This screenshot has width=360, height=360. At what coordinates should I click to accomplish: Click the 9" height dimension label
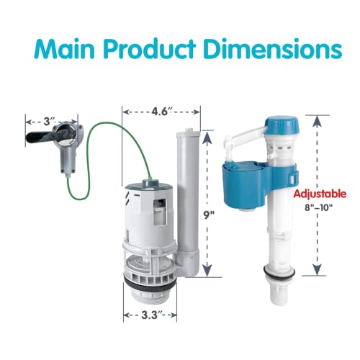208,215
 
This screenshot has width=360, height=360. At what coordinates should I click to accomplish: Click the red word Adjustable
320,194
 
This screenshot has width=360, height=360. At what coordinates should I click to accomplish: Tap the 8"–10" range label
319,207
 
